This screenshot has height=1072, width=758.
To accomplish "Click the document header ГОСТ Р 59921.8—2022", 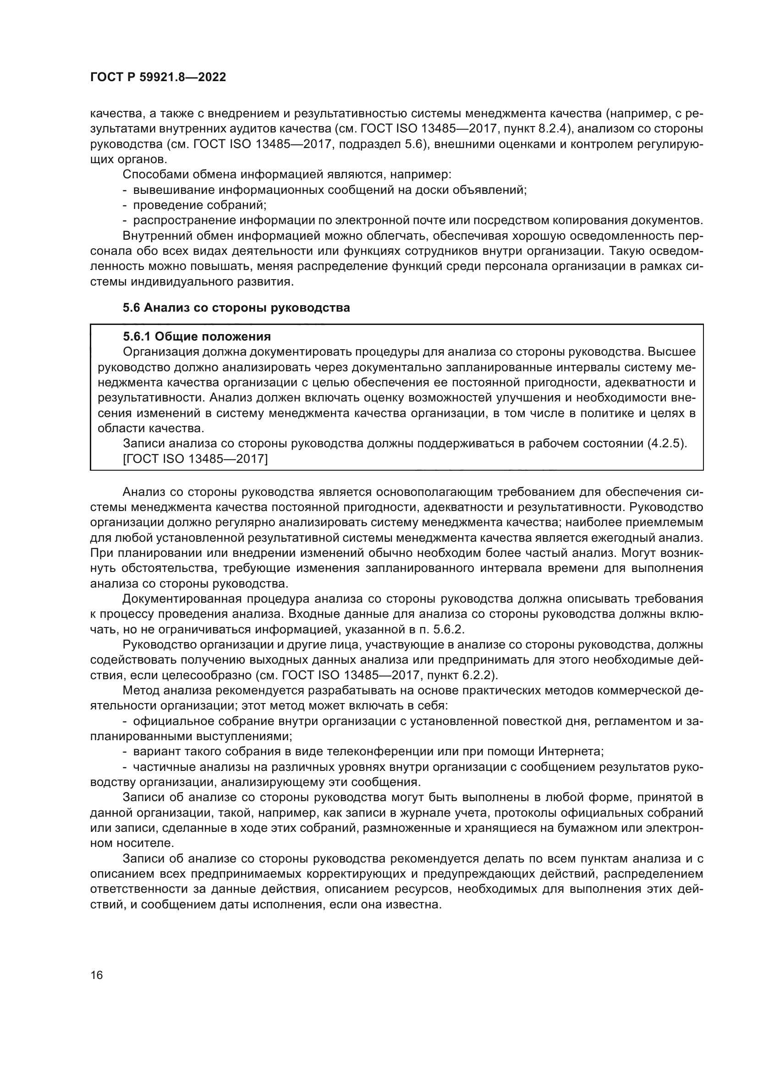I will [x=158, y=77].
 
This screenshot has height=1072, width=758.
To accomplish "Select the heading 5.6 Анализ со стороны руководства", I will [x=236, y=308].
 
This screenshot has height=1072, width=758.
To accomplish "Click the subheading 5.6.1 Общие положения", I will [x=197, y=337].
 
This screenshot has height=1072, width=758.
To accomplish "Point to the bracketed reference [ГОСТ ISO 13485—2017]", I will [x=195, y=459].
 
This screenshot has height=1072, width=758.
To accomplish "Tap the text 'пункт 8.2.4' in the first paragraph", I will [x=530, y=129].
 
